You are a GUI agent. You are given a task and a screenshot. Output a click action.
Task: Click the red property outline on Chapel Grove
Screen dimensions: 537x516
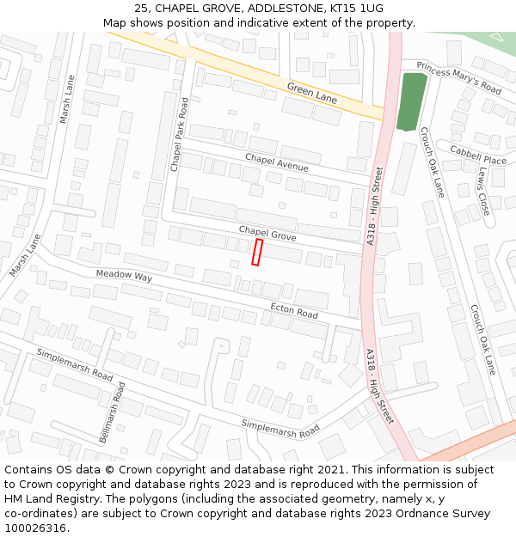coord(256,253)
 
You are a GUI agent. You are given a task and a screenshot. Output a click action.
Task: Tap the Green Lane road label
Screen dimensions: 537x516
coord(312,93)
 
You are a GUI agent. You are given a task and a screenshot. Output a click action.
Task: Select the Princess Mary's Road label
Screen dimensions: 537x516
coord(458,77)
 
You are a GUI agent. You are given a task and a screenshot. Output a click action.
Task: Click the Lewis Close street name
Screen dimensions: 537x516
coord(482,191)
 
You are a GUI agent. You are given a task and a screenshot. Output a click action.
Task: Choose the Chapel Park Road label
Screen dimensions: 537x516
coord(179,134)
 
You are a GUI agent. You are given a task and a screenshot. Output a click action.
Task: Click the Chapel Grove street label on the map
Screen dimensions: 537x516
coord(267,233)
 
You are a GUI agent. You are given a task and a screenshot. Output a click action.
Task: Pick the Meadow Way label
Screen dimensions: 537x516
coord(124,277)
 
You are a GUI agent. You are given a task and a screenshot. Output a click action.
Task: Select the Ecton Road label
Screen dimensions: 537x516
coord(294,310)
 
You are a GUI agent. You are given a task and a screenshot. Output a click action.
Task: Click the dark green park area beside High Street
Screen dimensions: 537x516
coord(412,101)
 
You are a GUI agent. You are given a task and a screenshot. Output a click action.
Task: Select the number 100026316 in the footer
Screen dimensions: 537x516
coord(37,528)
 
